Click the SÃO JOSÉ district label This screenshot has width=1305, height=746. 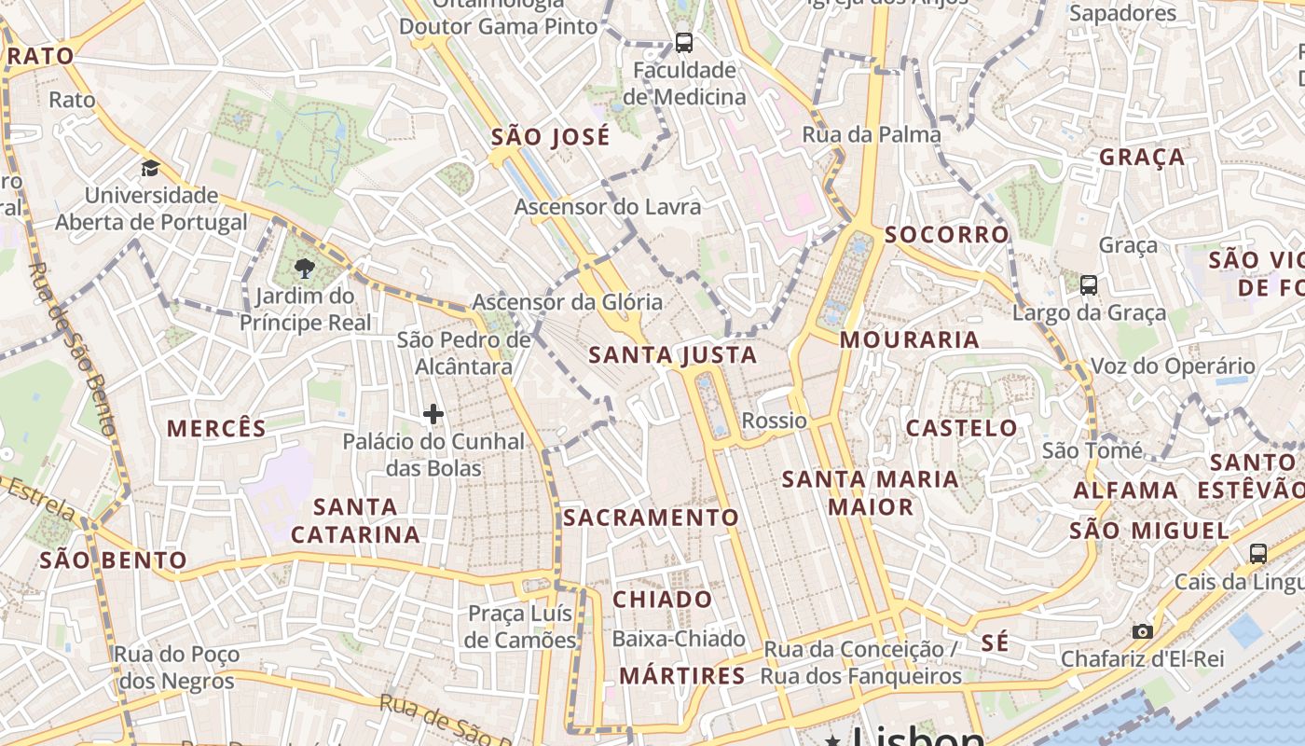(551, 137)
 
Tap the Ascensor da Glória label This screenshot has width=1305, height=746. (568, 302)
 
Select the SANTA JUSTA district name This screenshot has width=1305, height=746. (673, 355)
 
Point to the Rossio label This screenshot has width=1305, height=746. (775, 421)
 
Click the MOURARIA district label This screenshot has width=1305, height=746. (910, 340)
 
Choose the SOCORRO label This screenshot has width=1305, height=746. (947, 235)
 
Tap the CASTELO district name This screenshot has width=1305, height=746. (963, 429)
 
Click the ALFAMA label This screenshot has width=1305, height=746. (1126, 490)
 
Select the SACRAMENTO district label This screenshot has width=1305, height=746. (651, 518)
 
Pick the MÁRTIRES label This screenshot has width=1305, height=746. (683, 676)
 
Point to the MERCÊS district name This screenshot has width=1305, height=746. (217, 429)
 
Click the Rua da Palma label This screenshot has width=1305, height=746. (872, 135)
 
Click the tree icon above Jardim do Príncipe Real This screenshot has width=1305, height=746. (304, 269)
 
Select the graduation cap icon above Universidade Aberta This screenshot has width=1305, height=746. (150, 169)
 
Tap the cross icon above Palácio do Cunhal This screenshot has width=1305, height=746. (433, 414)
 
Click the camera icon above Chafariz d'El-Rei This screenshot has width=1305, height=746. (1142, 631)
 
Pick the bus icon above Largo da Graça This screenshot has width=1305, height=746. (1088, 284)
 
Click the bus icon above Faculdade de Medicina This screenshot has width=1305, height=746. (684, 42)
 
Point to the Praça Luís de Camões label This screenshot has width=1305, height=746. (521, 627)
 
